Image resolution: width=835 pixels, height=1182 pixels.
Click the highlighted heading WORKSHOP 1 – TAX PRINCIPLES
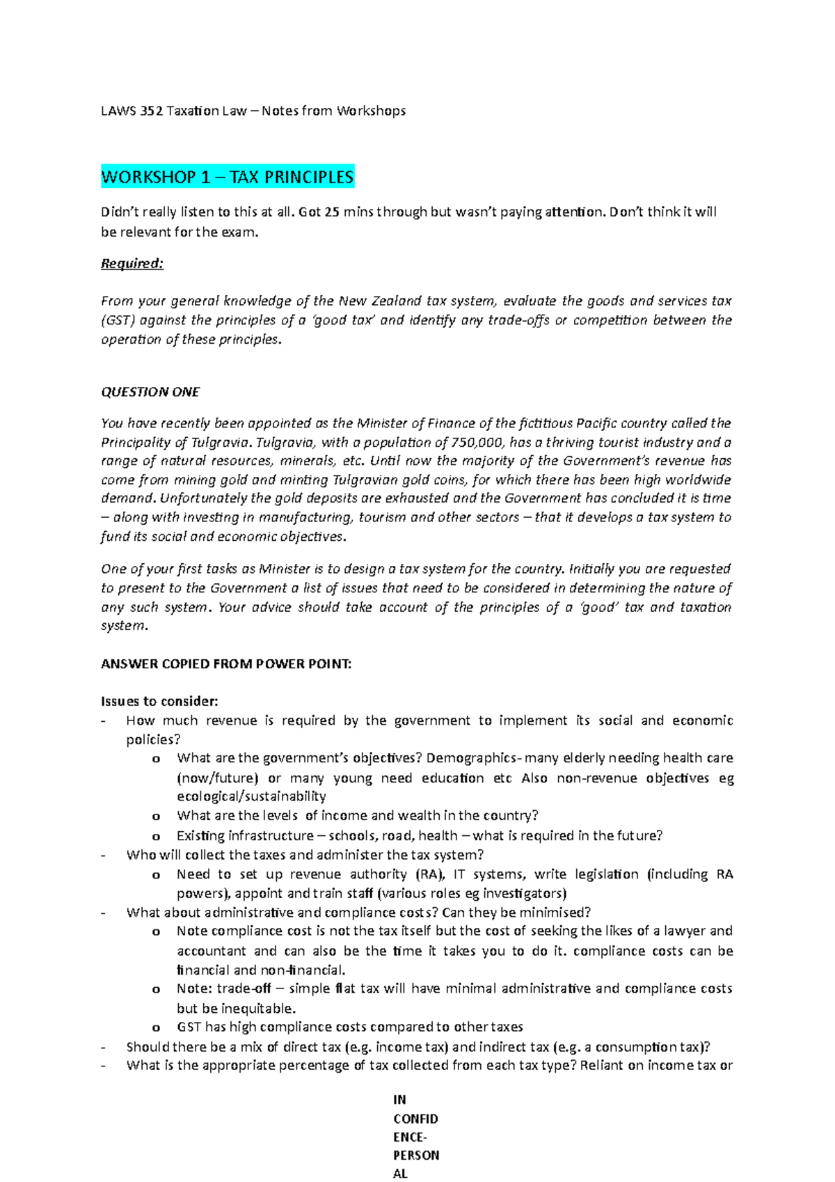(x=228, y=177)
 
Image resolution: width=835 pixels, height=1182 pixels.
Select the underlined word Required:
(x=132, y=264)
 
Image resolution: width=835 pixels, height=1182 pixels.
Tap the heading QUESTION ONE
(x=150, y=392)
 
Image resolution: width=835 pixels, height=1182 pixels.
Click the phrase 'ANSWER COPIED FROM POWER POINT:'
(x=226, y=664)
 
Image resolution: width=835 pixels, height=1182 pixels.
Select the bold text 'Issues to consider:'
(x=159, y=701)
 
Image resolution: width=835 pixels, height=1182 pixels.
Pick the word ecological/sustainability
(x=251, y=796)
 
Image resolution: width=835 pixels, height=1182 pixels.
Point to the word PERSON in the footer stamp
(x=416, y=1155)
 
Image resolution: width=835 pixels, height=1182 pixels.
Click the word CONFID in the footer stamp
(x=415, y=1119)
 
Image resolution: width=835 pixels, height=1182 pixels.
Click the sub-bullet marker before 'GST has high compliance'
(x=156, y=1027)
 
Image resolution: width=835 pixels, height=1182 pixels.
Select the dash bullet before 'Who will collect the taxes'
(x=104, y=856)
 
